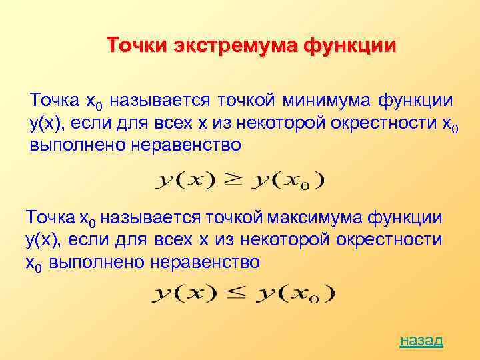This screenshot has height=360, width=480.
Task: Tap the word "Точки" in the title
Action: (137, 45)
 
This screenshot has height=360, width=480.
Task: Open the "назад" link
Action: (421, 341)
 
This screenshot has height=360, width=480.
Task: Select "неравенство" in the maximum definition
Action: (205, 262)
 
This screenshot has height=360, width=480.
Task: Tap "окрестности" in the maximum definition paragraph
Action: (389, 240)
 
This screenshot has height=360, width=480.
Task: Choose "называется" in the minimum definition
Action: (159, 101)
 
